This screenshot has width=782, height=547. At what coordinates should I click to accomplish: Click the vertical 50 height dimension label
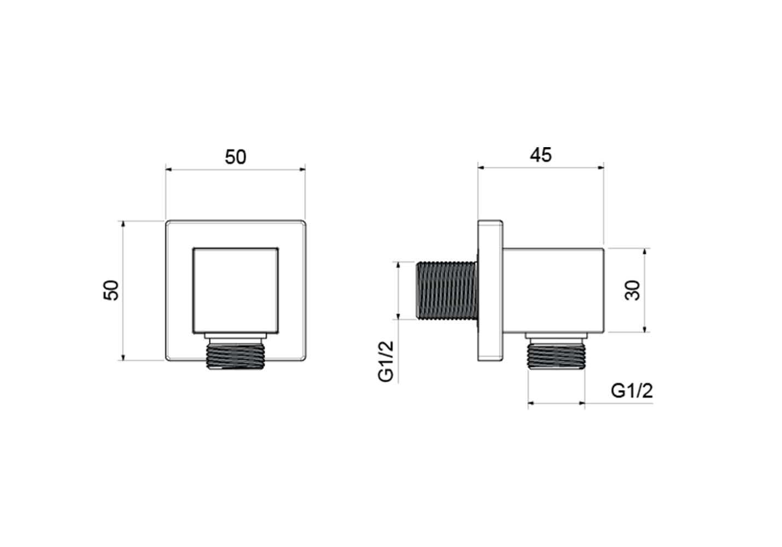pyautogui.click(x=111, y=290)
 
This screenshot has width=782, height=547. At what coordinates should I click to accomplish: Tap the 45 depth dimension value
pyautogui.click(x=541, y=155)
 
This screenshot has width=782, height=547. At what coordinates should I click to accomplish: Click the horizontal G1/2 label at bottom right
pyautogui.click(x=632, y=391)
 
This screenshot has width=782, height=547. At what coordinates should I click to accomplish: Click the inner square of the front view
pyautogui.click(x=236, y=290)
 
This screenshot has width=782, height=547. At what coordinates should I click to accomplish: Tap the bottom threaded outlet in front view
pyautogui.click(x=236, y=356)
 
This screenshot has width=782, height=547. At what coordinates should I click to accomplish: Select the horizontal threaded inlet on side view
pyautogui.click(x=447, y=290)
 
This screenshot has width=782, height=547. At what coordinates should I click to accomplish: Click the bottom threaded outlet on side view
pyautogui.click(x=557, y=356)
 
